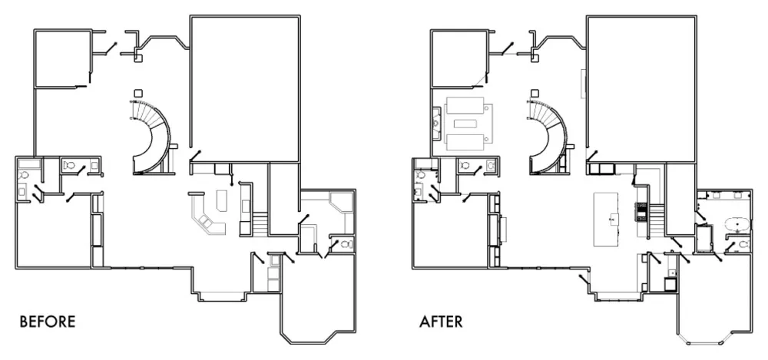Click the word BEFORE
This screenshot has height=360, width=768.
(x=48, y=322)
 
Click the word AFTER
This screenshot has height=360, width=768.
(x=441, y=322)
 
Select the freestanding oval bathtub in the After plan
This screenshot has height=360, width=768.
(x=737, y=226)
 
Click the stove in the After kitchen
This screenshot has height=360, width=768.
(x=641, y=210)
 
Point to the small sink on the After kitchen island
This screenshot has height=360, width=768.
(x=612, y=220)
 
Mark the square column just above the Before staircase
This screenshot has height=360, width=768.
(x=138, y=92)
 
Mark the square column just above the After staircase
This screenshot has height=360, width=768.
(x=535, y=92)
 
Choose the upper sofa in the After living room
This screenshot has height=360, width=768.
(x=465, y=106)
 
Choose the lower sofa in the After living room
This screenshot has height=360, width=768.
(x=465, y=141)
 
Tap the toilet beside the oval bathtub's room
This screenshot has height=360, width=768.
(x=743, y=244)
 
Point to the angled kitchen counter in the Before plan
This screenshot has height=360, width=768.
(x=206, y=216)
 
